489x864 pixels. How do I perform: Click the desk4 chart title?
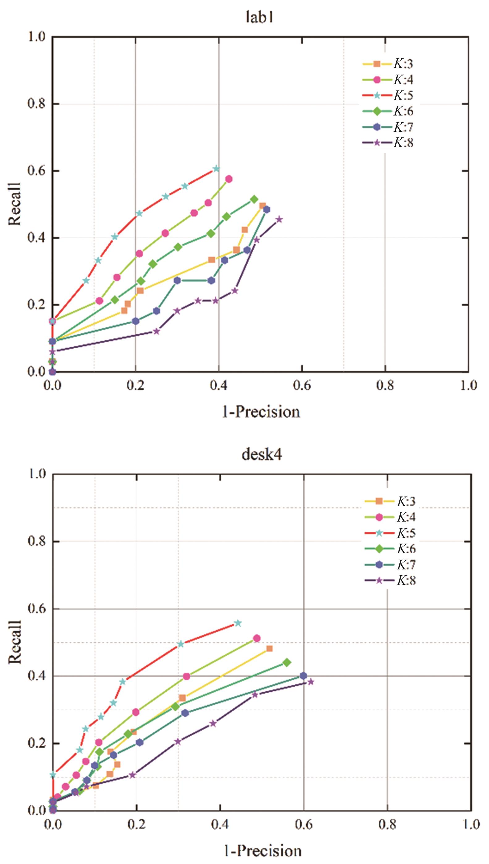[x=262, y=455]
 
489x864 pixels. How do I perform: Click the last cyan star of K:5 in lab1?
[x=216, y=169]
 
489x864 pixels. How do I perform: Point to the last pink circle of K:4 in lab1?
[x=229, y=179]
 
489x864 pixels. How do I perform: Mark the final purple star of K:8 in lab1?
[x=279, y=220]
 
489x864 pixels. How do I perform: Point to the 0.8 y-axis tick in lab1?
[x=36, y=104]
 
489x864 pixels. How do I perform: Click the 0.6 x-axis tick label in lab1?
[x=301, y=386]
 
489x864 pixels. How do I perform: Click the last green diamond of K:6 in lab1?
[x=254, y=199]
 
